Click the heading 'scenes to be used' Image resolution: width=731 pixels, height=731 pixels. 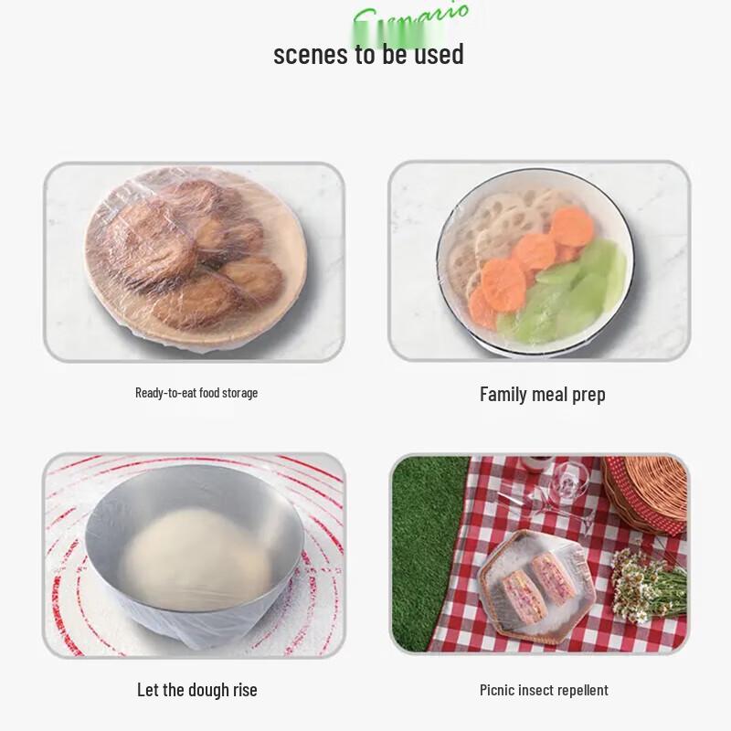coord(368,54)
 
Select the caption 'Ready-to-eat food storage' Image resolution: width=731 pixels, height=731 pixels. coord(196,393)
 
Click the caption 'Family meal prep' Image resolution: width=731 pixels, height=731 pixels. coord(542,394)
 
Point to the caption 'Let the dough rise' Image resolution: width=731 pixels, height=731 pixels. coord(196,690)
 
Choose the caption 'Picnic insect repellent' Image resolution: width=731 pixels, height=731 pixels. coord(544,690)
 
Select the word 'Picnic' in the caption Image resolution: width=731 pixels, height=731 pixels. coord(498,690)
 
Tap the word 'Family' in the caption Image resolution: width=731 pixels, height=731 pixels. coord(503,394)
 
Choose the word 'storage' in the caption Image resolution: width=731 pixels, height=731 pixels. coord(238,393)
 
